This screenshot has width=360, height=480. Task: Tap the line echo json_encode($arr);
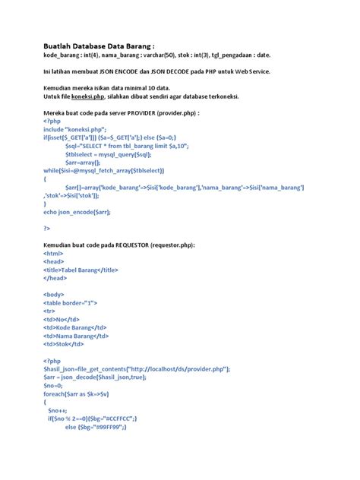77,212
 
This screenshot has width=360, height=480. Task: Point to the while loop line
114,169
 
